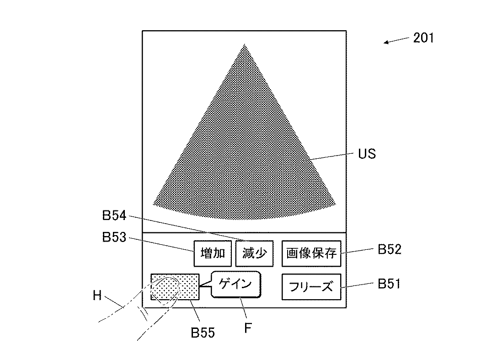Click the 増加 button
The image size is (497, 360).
coord(213,253)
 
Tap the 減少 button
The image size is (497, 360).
coord(254,253)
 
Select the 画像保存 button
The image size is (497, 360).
coord(311,253)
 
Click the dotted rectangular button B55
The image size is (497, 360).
coord(175,287)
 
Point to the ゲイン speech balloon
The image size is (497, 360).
coord(235,285)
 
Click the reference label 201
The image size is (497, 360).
coord(423,38)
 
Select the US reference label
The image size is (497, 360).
coord(367,154)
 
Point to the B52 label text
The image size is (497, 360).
coord(389,249)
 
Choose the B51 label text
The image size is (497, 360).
coord(389,284)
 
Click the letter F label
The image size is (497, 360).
coord(247,328)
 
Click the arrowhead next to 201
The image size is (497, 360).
coord(385,43)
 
